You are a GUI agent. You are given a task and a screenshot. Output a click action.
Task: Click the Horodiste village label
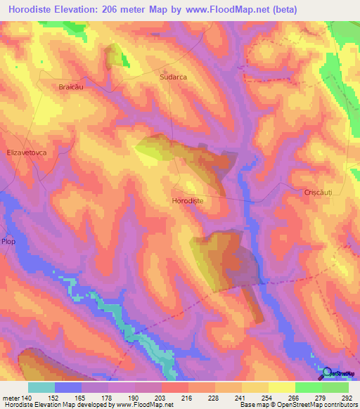[188, 200]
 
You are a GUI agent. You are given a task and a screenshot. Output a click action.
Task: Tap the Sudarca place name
[173, 77]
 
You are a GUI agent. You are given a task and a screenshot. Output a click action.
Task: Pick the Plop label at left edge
[8, 241]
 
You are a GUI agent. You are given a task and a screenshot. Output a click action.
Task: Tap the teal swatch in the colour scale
[41, 387]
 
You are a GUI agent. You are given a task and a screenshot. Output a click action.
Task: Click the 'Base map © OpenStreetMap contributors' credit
[298, 405]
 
